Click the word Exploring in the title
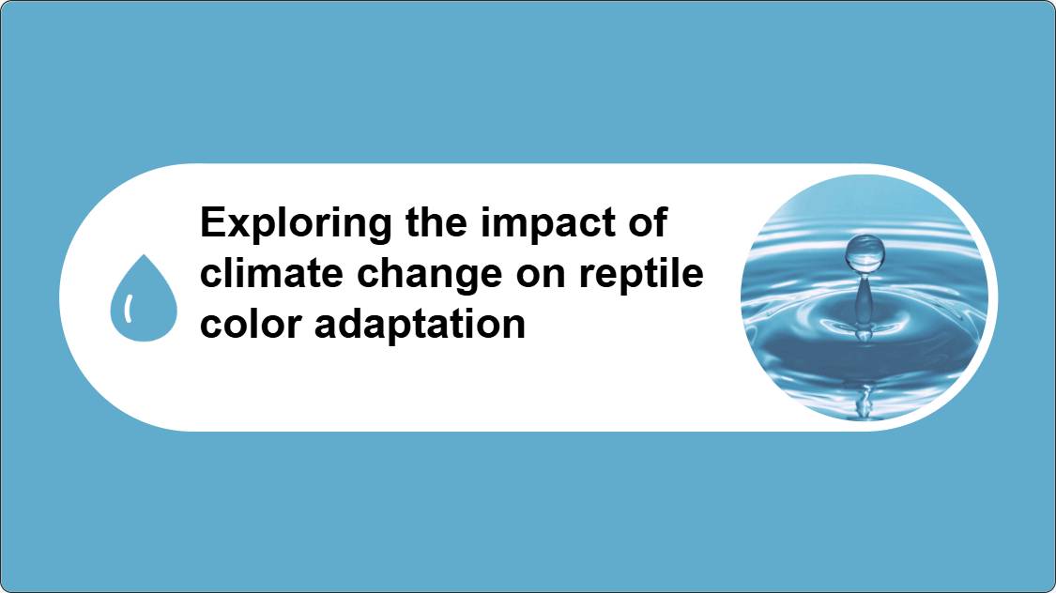click(x=296, y=224)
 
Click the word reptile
click(x=641, y=275)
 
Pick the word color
click(x=252, y=324)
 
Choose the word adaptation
click(x=420, y=326)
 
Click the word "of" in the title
click(x=648, y=222)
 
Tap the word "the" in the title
click(x=436, y=222)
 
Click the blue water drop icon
click(x=144, y=297)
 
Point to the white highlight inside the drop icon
click(x=128, y=308)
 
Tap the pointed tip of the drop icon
click(x=144, y=255)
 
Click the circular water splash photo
click(x=865, y=296)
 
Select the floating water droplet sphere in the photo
click(x=865, y=253)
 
